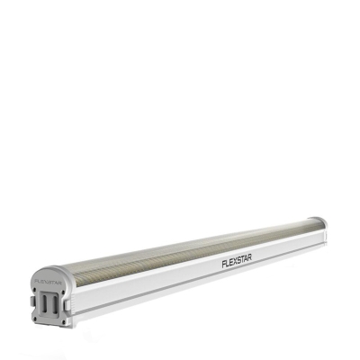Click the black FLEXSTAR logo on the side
[x=237, y=263]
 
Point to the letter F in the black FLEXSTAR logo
[x=222, y=265]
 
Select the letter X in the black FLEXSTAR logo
[x=233, y=264]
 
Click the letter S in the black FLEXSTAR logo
[x=238, y=263]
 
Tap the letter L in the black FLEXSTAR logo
[x=226, y=265]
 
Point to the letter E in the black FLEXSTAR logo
[x=229, y=264]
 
